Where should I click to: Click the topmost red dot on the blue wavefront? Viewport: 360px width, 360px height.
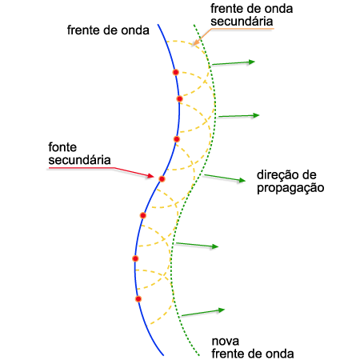pos(175,72)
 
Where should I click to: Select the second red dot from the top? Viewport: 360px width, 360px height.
pos(179,99)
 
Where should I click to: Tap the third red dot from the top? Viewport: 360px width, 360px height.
pos(177,139)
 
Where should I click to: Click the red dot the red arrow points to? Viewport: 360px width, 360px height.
pos(162,179)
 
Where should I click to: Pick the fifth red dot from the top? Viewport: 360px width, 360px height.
pos(143,215)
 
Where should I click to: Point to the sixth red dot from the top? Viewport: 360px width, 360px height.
pos(135,258)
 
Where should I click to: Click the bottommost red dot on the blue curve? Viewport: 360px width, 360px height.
pos(138,299)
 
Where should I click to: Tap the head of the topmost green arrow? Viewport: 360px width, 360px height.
pos(252,62)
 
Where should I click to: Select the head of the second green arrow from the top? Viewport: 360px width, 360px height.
pos(256,115)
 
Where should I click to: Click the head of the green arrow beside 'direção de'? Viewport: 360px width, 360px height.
pos(242,180)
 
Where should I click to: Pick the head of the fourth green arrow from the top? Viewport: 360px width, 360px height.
pos(215,246)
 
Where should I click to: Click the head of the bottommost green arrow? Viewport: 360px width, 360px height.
pos(222,310)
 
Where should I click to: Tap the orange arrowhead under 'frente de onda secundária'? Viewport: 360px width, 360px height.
pos(195,42)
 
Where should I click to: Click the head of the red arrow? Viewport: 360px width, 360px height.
pos(151,176)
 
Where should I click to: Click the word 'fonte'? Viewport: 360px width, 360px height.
pos(62,147)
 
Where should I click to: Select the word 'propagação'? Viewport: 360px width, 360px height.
pos(290,188)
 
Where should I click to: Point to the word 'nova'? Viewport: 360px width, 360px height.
pos(226,342)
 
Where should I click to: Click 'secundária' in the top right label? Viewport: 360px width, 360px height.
pos(242,22)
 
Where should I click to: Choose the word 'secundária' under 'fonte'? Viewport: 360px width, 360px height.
pos(79,160)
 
